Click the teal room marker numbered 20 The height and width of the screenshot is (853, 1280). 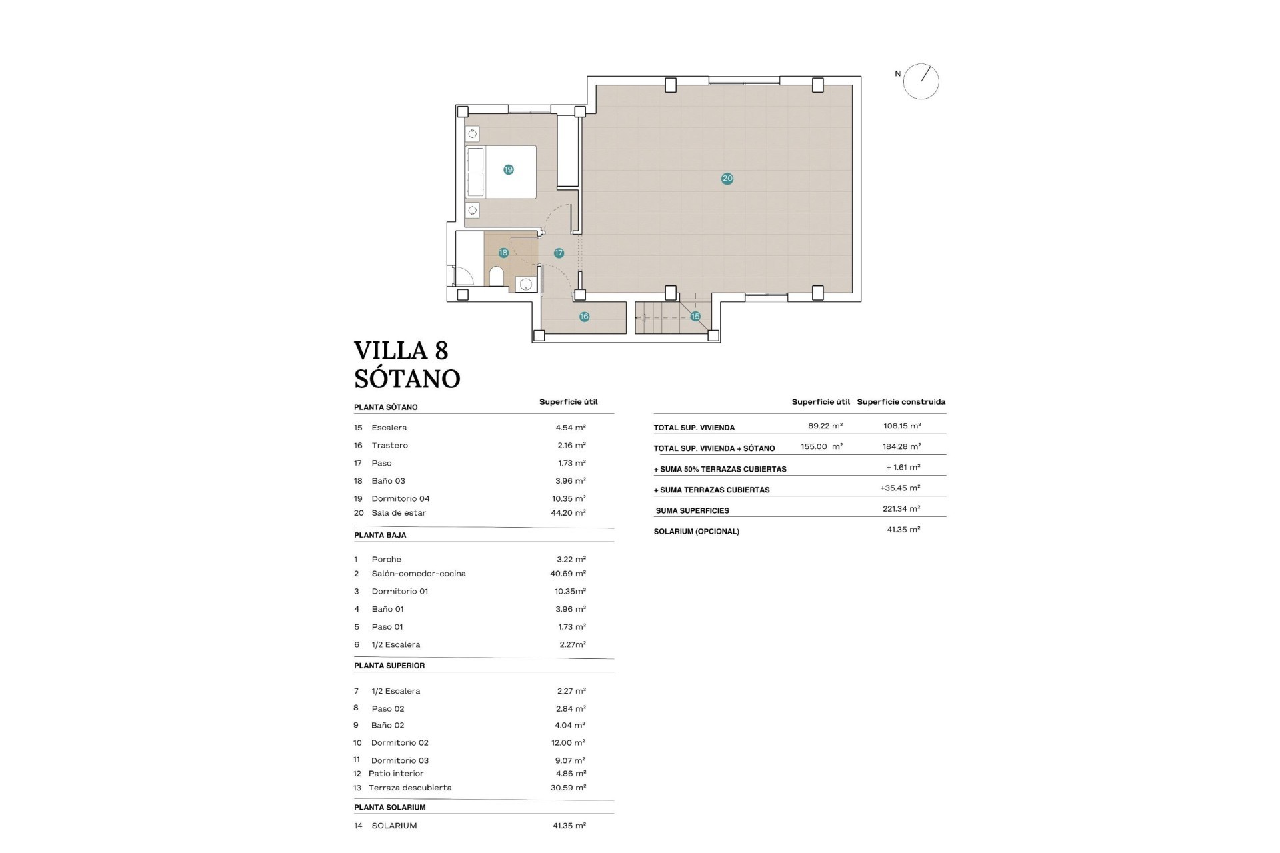(x=727, y=179)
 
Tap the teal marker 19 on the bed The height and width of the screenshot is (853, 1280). (x=509, y=170)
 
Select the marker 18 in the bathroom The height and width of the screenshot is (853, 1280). (x=503, y=253)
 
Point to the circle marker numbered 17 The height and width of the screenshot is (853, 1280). (x=559, y=253)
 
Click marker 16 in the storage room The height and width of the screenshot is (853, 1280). (x=584, y=317)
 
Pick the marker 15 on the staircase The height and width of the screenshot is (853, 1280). (x=695, y=317)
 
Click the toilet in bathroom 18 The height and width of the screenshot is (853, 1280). (x=497, y=276)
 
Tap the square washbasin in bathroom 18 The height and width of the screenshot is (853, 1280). (x=526, y=285)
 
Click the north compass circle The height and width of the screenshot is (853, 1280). (x=921, y=82)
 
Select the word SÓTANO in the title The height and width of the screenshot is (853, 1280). (x=407, y=379)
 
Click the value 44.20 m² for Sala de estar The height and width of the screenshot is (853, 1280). (x=571, y=513)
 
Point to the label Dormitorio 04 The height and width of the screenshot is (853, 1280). (x=400, y=498)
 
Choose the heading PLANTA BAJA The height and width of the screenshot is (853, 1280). (x=380, y=535)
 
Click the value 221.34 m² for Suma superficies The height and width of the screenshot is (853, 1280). (x=901, y=509)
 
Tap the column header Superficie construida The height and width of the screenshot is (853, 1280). (x=901, y=402)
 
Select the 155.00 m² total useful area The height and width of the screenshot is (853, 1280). (x=821, y=447)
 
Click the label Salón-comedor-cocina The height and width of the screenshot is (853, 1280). (x=419, y=574)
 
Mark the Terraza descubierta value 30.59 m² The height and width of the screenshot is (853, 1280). (x=571, y=788)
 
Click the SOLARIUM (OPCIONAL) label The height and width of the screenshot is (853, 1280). (x=696, y=532)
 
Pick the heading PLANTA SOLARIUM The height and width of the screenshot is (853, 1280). (x=389, y=807)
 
